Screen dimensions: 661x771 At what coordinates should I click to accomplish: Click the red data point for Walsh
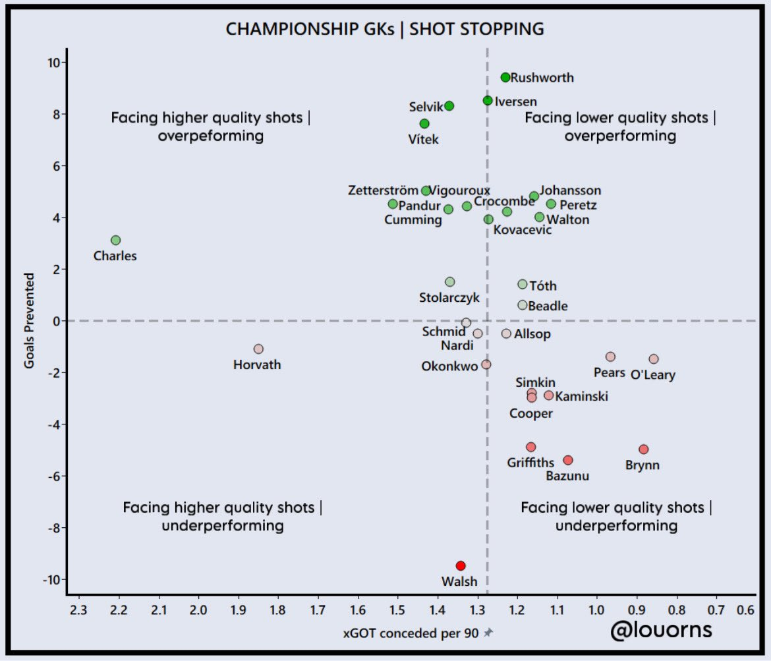[x=461, y=565]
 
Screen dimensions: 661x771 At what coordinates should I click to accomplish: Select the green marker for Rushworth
[x=505, y=77]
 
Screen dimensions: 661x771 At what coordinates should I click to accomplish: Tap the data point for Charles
[x=116, y=240]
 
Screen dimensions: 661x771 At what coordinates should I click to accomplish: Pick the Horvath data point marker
[x=258, y=349]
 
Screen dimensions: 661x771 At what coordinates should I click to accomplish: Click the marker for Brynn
[x=644, y=449]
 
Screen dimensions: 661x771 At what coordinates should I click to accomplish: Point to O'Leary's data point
[x=654, y=359]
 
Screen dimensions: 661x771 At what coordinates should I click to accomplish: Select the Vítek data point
[x=424, y=124]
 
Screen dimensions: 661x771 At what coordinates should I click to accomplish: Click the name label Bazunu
[x=567, y=476]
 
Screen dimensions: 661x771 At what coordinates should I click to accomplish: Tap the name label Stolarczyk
[x=449, y=298]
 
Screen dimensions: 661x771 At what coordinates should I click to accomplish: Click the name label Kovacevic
[x=523, y=230]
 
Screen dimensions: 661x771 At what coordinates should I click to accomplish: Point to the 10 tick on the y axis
[x=53, y=63]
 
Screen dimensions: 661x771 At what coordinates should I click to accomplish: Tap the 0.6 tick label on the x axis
[x=746, y=610]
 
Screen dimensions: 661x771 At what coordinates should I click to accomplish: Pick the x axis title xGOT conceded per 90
[x=412, y=633]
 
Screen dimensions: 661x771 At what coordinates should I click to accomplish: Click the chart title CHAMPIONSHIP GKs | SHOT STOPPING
[x=385, y=29]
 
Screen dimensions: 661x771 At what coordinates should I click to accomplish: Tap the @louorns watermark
[x=661, y=630]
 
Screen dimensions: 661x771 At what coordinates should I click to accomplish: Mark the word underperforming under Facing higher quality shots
[x=223, y=526]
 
